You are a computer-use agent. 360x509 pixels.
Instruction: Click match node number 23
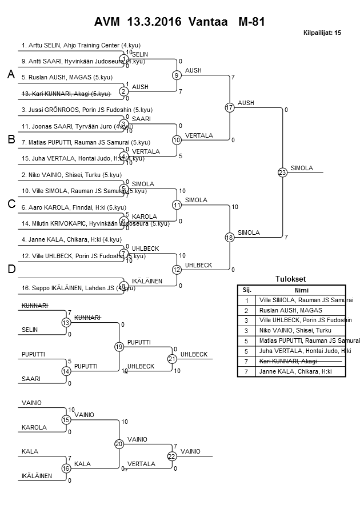click(x=282, y=172)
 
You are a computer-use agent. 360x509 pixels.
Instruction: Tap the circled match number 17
click(x=230, y=107)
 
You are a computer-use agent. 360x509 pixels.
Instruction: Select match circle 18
click(x=230, y=237)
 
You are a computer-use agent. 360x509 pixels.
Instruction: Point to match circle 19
click(x=119, y=346)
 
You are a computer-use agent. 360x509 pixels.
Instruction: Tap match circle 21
click(x=172, y=358)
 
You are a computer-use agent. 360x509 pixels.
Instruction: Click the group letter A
click(x=10, y=74)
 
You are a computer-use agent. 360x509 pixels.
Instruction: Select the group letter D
click(x=10, y=269)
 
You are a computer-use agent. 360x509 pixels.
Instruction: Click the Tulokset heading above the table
click(x=291, y=279)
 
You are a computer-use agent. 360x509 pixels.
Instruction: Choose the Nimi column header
click(x=301, y=290)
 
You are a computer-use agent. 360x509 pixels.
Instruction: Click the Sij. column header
click(x=247, y=290)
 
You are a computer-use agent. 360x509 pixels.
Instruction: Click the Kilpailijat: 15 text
click(x=322, y=33)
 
